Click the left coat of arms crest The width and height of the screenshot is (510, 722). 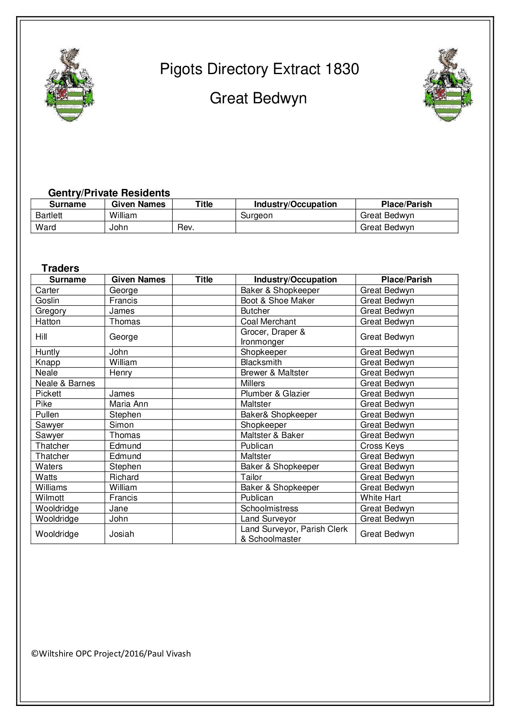coord(69,85)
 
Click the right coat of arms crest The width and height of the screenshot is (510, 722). coord(447,85)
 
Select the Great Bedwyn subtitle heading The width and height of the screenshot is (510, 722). coord(258,98)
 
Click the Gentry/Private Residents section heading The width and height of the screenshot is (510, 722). coord(109,193)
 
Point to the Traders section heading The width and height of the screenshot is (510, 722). coord(60,268)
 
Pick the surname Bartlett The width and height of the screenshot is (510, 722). coord(49,215)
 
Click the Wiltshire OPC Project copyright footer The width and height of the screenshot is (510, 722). coord(111,654)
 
